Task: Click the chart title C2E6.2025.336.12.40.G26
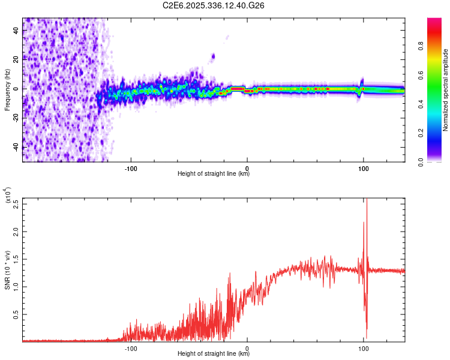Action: [214, 5]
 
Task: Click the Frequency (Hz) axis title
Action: [7, 89]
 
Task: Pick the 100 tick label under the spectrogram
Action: [363, 168]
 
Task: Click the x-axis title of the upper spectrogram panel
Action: [214, 175]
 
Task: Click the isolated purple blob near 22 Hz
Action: [213, 57]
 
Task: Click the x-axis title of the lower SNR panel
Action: [214, 355]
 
